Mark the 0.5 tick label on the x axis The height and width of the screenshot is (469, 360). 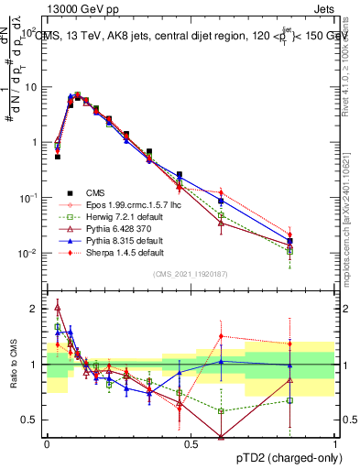tap(191, 443)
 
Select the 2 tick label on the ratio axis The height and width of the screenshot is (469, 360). tap(35, 309)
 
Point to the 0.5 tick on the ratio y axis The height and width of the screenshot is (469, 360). tap(31, 420)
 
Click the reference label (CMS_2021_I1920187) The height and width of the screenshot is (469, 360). tap(191, 274)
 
